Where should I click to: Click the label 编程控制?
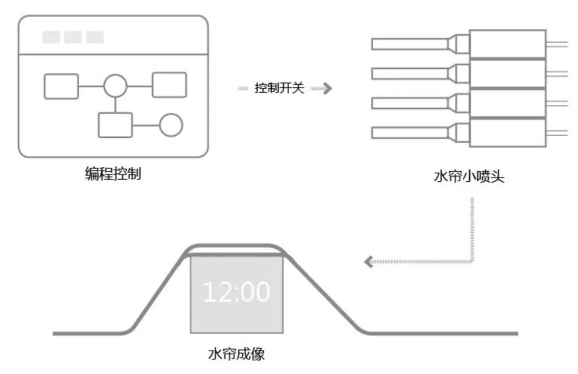pos(113,174)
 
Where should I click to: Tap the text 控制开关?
pos(279,88)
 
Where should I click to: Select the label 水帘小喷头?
pos(469,177)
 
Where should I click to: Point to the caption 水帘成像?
pos(236,354)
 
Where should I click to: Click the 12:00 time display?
pos(236,292)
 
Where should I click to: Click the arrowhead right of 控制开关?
pos(327,88)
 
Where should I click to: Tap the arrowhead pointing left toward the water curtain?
pos(368,262)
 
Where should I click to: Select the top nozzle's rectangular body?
pos(507,44)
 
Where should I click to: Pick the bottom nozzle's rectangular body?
pos(507,132)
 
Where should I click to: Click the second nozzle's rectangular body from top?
pos(507,74)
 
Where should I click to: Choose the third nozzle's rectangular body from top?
pos(507,103)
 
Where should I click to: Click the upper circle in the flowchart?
pos(115,86)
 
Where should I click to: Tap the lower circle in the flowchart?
pos(171,126)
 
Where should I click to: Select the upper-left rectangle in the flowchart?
pos(61,86)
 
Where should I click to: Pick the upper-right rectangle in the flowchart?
pos(169,85)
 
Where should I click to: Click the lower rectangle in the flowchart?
pos(115,126)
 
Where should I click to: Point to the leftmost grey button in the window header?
pos(51,37)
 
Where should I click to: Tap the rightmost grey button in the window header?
pos(95,37)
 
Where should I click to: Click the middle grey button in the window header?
pos(73,37)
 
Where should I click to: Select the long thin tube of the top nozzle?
pos(409,44)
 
